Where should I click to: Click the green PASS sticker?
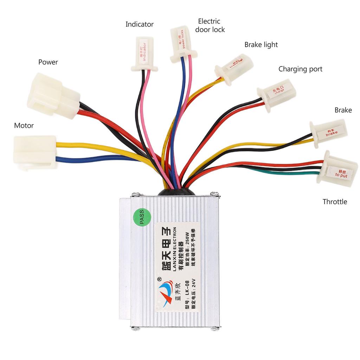tap(142, 219)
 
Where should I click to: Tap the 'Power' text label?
tap(48, 62)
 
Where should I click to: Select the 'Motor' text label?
tap(24, 126)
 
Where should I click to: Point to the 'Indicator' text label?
tap(140, 24)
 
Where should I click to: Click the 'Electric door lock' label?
tap(210, 25)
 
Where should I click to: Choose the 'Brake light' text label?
tap(261, 45)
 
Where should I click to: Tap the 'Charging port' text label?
tap(300, 69)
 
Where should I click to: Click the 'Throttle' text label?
tap(335, 202)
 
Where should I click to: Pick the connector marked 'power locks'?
tap(182, 44)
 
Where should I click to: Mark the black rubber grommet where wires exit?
tap(178, 191)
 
